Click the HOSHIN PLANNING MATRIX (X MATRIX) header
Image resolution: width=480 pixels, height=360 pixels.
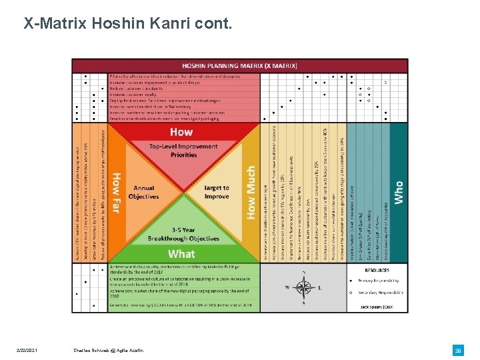240,65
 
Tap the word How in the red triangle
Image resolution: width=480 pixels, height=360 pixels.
181,132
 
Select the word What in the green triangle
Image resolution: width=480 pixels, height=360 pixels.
181,253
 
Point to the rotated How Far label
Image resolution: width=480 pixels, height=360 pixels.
116,193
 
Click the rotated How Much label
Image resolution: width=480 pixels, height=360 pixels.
251,193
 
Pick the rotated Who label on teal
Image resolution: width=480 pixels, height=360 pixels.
399,193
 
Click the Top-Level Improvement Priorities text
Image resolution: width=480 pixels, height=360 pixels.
183,151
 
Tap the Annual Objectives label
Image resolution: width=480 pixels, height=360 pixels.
143,193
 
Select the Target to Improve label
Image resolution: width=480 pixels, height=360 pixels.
216,193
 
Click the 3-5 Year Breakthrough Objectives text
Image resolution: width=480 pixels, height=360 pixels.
183,235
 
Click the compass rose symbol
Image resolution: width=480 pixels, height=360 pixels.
304,287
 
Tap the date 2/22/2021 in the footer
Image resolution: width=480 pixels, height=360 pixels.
31,350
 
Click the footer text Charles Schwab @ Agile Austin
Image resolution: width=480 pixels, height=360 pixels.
108,350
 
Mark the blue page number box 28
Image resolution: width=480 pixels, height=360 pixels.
458,350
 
